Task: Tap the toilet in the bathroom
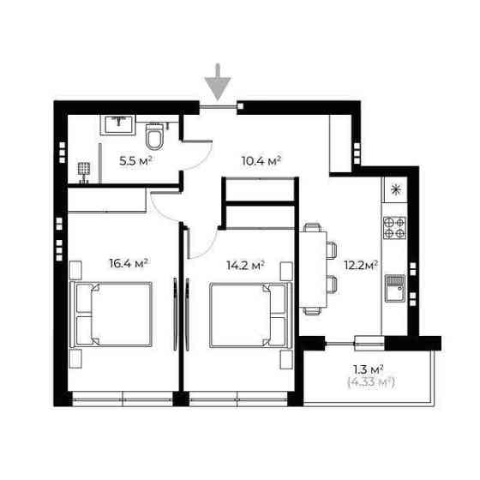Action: tap(154, 137)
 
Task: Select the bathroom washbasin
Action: tap(118, 124)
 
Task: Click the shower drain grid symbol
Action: tap(84, 169)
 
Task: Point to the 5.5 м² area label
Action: tap(135, 161)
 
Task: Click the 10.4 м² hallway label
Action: tap(261, 160)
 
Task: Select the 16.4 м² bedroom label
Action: tap(129, 263)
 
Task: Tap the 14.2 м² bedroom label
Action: tap(245, 265)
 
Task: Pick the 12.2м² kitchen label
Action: tap(361, 265)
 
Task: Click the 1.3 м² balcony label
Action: tap(369, 369)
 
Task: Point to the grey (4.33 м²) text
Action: tap(371, 382)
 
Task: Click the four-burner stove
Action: tap(394, 228)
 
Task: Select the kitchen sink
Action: tap(395, 288)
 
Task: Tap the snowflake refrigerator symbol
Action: tap(396, 189)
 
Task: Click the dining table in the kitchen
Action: tap(313, 269)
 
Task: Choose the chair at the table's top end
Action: tap(312, 227)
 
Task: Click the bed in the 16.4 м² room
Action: tap(111, 315)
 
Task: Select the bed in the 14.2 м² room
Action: tap(250, 315)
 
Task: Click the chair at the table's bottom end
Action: tap(312, 311)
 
